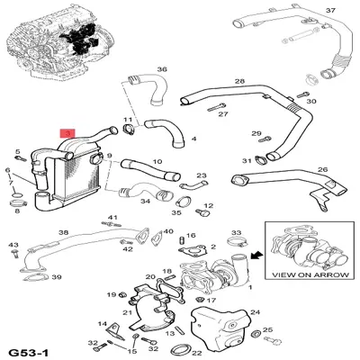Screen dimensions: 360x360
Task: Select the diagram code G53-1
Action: pyautogui.click(x=28, y=352)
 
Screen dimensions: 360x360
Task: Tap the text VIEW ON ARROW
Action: pyautogui.click(x=310, y=274)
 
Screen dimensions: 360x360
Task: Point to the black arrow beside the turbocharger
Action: pyautogui.click(x=256, y=256)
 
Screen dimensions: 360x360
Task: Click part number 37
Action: pyautogui.click(x=330, y=11)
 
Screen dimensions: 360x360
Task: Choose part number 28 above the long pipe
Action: pyautogui.click(x=239, y=81)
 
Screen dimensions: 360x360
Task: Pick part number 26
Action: pyautogui.click(x=323, y=169)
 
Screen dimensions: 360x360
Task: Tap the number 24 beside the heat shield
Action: pyautogui.click(x=255, y=312)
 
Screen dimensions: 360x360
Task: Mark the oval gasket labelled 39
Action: pyautogui.click(x=35, y=277)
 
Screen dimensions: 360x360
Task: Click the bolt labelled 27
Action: pyautogui.click(x=216, y=107)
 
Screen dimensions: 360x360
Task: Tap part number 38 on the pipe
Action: pyautogui.click(x=64, y=232)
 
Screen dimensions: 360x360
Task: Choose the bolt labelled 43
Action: pyautogui.click(x=14, y=254)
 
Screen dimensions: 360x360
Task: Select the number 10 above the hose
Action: pyautogui.click(x=157, y=162)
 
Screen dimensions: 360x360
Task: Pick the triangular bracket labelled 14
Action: pyautogui.click(x=115, y=332)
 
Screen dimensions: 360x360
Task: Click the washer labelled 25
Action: pyautogui.click(x=256, y=334)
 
